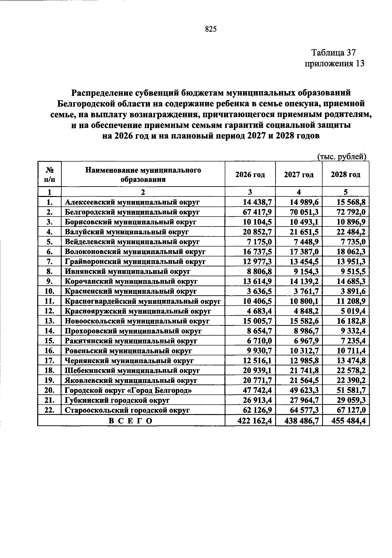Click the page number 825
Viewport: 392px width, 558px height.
pyautogui.click(x=211, y=29)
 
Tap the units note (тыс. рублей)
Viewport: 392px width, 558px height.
pyautogui.click(x=342, y=157)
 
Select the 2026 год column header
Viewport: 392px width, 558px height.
pyautogui.click(x=250, y=174)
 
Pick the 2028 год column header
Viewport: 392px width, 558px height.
pyautogui.click(x=345, y=174)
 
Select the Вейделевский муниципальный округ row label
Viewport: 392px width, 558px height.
pyautogui.click(x=132, y=242)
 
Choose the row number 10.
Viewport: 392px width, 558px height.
pyautogui.click(x=49, y=291)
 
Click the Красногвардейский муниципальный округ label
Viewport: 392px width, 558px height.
pyautogui.click(x=143, y=301)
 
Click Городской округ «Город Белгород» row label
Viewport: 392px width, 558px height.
pyautogui.click(x=128, y=390)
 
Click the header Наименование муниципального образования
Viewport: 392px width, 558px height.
pyautogui.click(x=143, y=174)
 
